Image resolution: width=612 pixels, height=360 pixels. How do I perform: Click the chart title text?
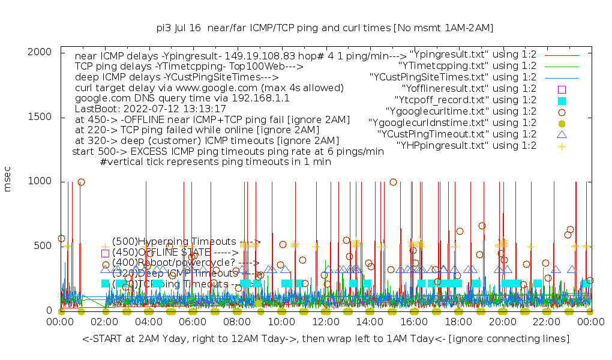pos(325,28)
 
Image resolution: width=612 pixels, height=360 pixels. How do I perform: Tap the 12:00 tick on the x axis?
pos(325,322)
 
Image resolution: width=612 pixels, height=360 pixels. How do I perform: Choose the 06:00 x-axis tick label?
pos(193,322)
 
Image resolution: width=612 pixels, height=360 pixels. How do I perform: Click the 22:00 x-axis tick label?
pos(546,322)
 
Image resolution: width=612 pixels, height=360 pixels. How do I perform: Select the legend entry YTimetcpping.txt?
pos(467,66)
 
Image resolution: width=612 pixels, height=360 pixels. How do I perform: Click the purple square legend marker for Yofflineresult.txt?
pos(562,89)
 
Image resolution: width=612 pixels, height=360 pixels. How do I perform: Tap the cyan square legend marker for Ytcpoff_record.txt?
pos(562,100)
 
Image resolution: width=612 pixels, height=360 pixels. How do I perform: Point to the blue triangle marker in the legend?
pos(562,134)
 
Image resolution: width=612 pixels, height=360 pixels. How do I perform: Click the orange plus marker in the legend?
pos(562,146)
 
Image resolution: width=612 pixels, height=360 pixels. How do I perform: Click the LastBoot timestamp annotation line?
pos(150,109)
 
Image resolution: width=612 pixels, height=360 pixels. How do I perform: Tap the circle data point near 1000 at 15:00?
pos(393,182)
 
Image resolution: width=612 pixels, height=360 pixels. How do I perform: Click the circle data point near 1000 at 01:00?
pos(82,182)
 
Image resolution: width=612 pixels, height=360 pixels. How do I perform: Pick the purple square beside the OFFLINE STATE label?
pos(105,253)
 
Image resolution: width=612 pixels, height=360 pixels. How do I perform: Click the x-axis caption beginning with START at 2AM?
pos(326,340)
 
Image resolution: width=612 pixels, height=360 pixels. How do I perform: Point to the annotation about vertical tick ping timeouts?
pos(215,162)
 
